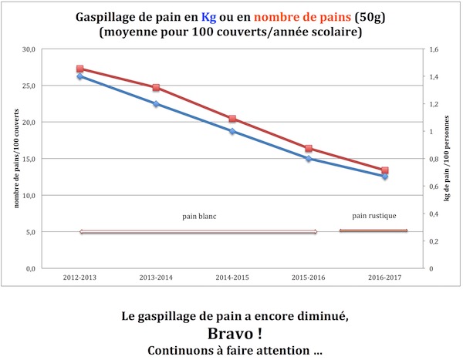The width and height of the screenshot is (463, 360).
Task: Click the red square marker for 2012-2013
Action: (x=80, y=69)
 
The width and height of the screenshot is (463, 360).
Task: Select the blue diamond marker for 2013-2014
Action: (x=156, y=104)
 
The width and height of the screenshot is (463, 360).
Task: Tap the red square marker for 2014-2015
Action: (x=232, y=119)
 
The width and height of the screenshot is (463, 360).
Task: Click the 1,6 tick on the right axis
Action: (x=433, y=49)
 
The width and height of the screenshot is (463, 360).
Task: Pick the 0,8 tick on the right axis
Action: (x=433, y=160)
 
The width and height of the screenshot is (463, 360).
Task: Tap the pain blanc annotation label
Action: (x=199, y=217)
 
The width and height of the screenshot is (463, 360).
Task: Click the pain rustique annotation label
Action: (x=373, y=216)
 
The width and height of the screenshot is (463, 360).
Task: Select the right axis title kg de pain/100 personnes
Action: (x=448, y=158)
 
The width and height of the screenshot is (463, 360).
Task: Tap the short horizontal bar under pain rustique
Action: (x=373, y=230)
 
